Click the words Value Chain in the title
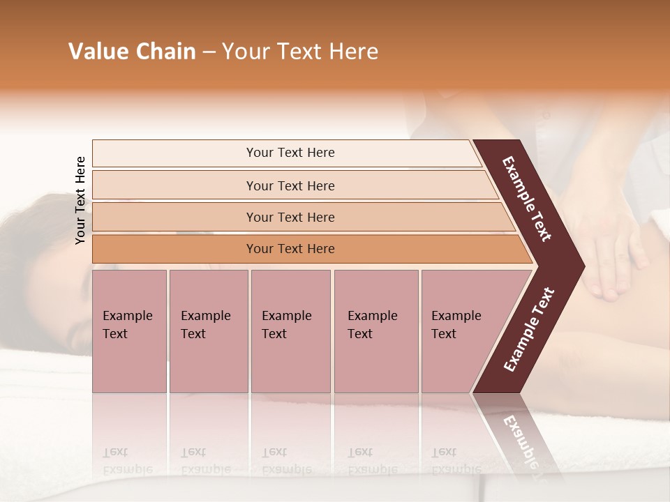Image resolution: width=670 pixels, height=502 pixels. point(132,52)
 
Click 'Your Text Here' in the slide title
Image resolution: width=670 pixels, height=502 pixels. point(300,52)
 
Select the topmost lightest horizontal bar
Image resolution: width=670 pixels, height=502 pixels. point(174,153)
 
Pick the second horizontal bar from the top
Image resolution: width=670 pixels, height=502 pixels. point(174,185)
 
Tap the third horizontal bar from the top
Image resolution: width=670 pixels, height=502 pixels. point(174,217)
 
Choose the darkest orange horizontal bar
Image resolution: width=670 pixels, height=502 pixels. point(174,249)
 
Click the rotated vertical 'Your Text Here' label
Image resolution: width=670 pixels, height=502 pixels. point(80,200)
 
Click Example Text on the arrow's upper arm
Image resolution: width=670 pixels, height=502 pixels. point(527,199)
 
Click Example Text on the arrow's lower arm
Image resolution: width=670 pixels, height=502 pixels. point(529,329)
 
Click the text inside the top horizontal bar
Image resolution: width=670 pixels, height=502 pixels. point(290,153)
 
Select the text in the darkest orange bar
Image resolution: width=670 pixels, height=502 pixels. point(290,249)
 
